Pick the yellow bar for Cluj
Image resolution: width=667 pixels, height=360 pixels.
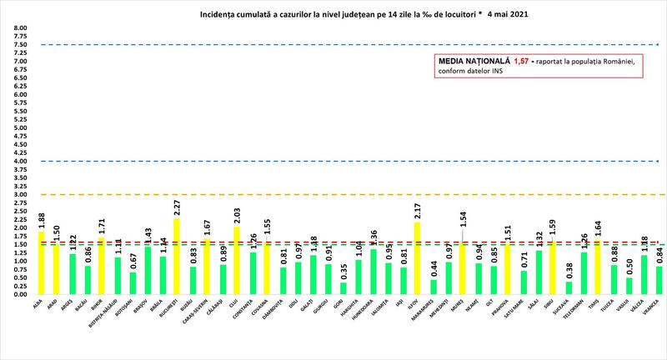[x=236, y=261]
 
